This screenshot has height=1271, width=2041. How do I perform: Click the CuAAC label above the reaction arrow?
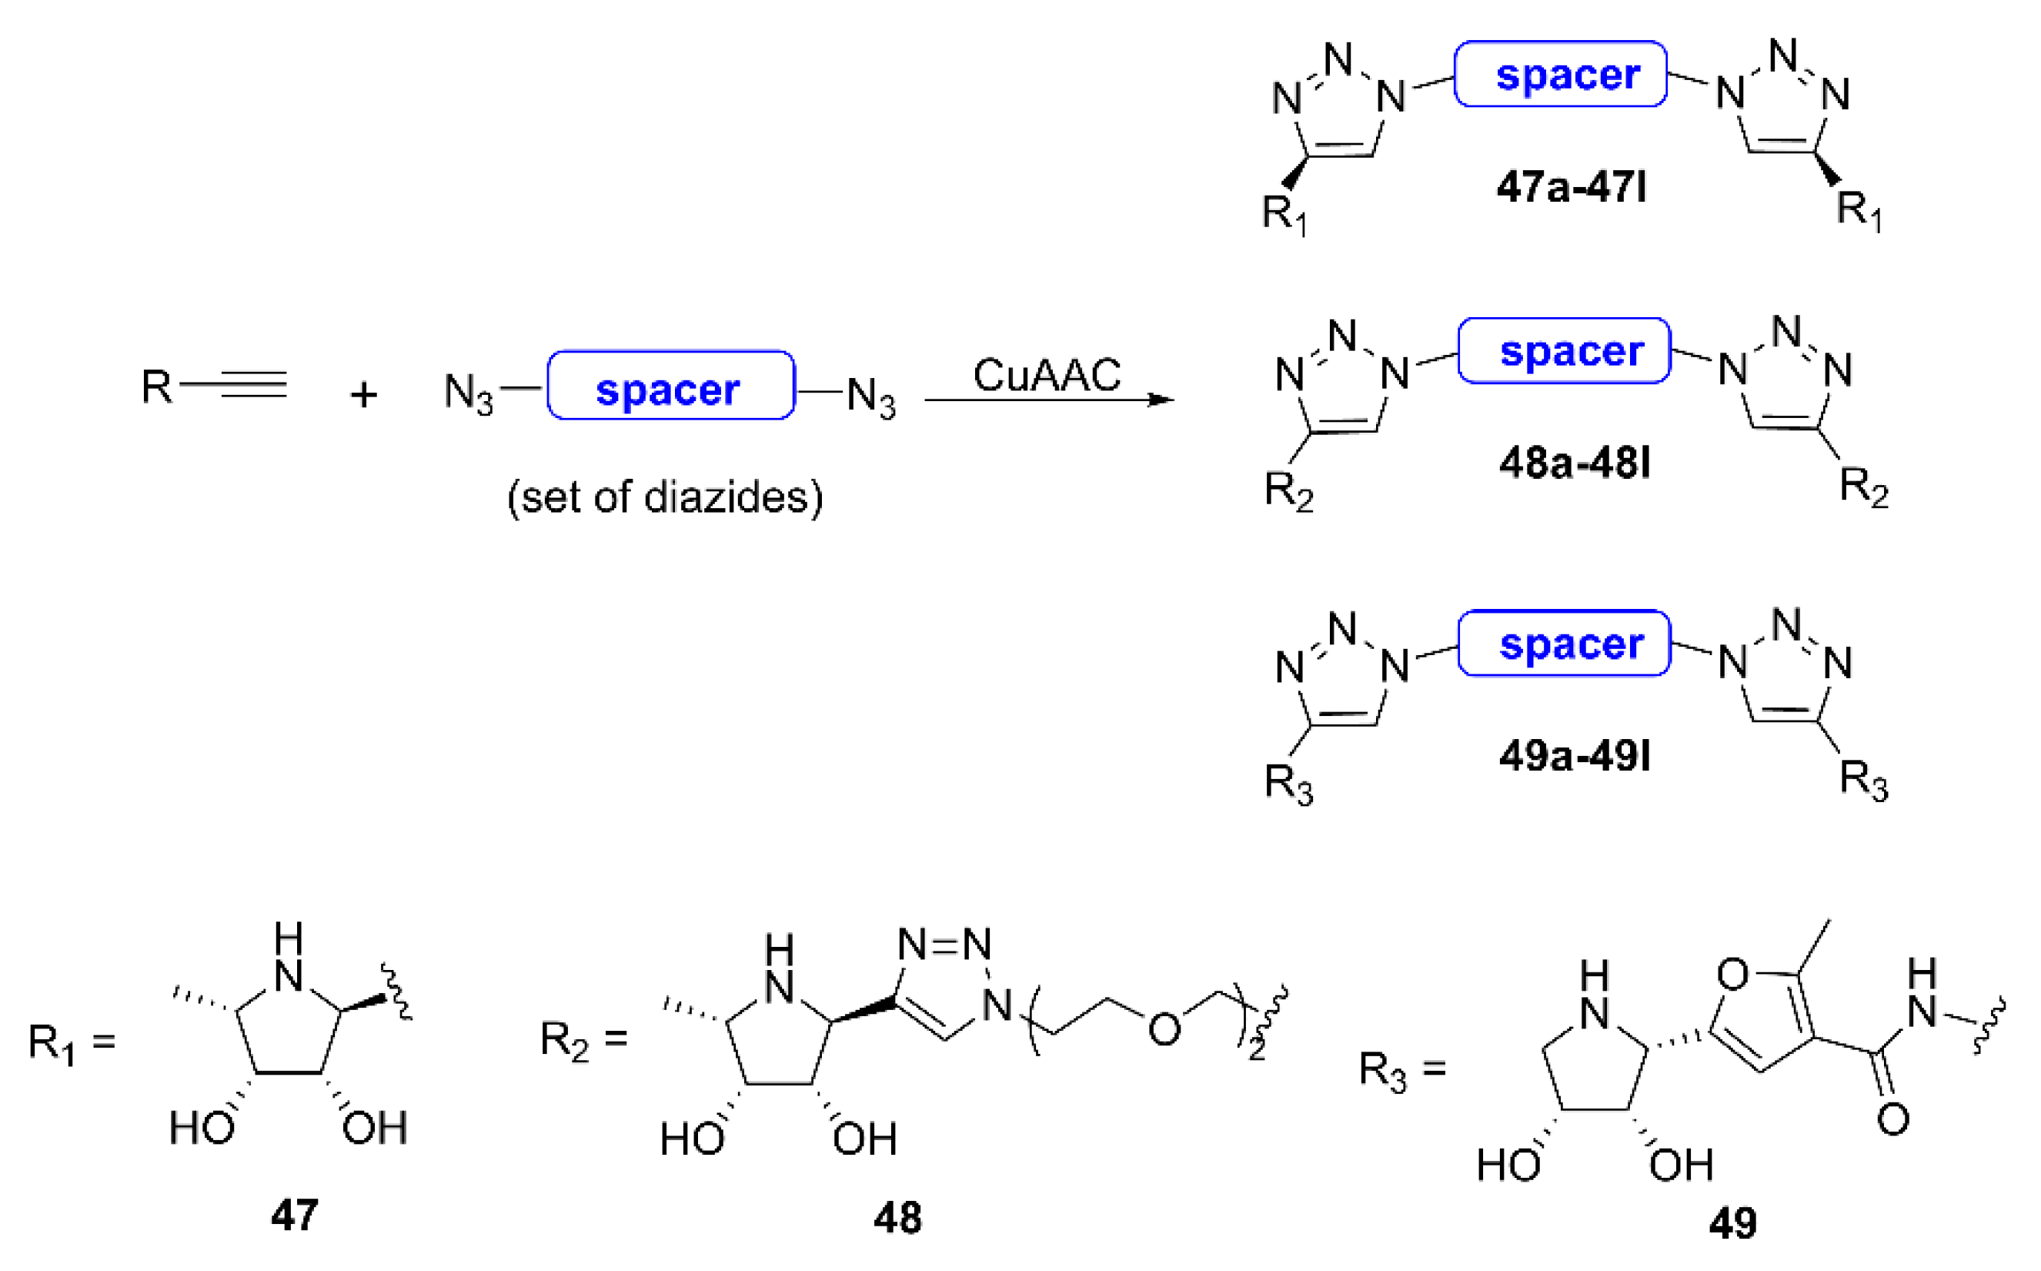point(1046,375)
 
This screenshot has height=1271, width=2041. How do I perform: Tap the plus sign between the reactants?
point(364,394)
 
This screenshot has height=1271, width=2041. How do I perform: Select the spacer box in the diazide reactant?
point(670,386)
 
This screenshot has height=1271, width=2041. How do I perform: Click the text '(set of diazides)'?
point(665,497)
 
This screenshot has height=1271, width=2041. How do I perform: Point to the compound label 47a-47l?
point(1571,186)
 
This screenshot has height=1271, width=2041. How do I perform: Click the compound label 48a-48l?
point(1574,463)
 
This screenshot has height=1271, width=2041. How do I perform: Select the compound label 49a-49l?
point(1574,756)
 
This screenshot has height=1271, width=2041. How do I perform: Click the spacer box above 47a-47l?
point(1560,74)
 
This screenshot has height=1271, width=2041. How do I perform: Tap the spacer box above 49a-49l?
point(1564,644)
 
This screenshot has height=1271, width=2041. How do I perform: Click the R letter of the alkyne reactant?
point(156,386)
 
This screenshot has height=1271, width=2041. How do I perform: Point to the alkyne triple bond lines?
point(244,385)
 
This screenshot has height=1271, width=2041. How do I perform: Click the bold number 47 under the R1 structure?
point(294,1215)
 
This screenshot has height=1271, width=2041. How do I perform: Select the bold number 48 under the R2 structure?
point(897,1217)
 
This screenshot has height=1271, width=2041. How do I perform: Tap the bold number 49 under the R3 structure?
point(1732,1223)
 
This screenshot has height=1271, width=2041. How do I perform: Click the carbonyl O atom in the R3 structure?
point(1892,1119)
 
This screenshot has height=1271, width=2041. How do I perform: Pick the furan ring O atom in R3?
point(1732,975)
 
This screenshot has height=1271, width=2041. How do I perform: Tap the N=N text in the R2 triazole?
point(944,945)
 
